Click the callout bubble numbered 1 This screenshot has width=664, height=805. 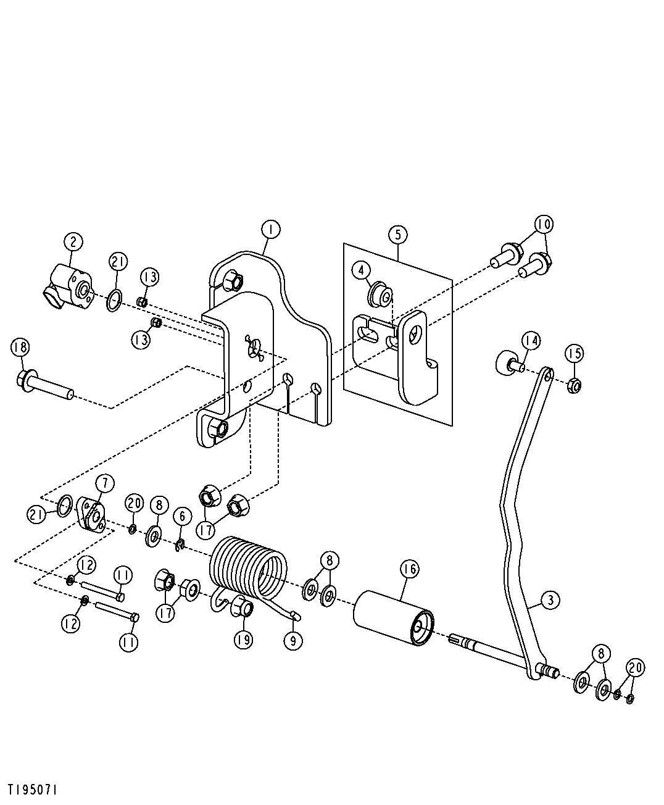coord(270,230)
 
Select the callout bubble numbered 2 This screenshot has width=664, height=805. coord(73,242)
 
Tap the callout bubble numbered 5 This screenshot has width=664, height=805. coord(397,235)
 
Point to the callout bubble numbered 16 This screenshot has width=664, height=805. coord(409,569)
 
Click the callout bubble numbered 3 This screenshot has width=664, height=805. coord(550,600)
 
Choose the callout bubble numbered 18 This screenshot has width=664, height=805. coord(20,348)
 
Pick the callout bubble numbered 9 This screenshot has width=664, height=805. coord(293,641)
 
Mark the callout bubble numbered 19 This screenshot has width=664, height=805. coord(243,640)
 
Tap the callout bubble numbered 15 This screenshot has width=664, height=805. coord(574,354)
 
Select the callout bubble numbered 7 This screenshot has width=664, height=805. coord(105,483)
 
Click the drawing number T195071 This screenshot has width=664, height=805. coord(33,790)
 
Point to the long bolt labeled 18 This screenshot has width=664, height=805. coord(44,385)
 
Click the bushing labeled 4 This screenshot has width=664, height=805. coord(380,295)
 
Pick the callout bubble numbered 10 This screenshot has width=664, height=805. coord(544,224)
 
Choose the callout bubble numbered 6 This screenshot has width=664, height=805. coord(182,516)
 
